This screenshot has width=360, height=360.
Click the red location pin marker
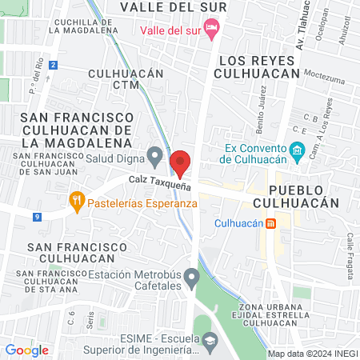click(x=181, y=162)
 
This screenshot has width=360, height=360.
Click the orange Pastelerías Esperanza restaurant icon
click(x=77, y=202)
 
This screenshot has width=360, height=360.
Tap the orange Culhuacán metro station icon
click(x=270, y=222)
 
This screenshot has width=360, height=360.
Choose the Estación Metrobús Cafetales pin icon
click(x=191, y=279)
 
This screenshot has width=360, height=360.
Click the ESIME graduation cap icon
click(x=208, y=342)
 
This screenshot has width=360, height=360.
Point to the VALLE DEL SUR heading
click(x=173, y=7)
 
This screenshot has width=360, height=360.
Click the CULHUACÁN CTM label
click(x=126, y=78)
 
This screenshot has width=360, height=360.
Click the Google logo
click(x=26, y=350)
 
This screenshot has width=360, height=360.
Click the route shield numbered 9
click(x=37, y=216)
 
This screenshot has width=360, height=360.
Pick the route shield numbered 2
click(x=53, y=65)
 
